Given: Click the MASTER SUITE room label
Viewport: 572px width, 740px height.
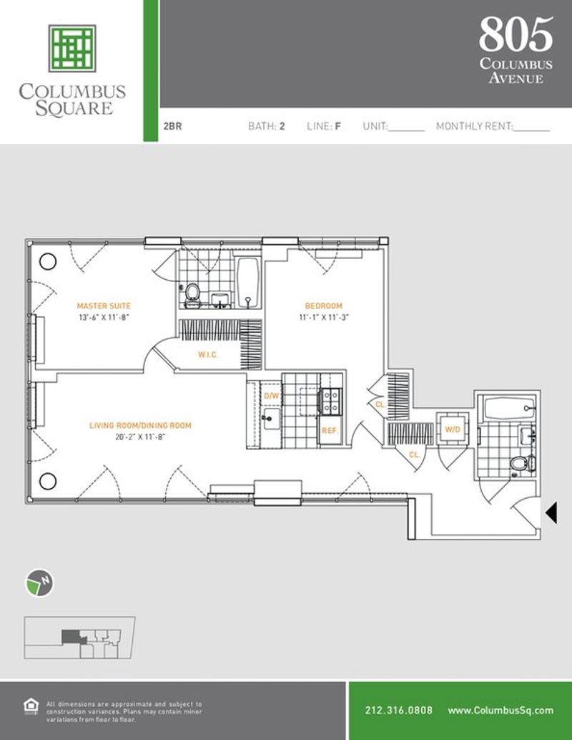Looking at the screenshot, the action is coord(104,306).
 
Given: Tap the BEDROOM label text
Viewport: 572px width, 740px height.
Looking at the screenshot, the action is coord(323,306).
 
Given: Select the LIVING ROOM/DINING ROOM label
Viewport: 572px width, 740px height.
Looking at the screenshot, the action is coord(141,426).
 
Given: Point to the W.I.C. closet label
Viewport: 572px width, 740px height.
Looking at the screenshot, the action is coord(208,354).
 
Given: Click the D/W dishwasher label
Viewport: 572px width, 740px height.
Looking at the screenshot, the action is coord(272,396).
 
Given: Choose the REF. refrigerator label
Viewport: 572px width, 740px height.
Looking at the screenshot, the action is coord(330,431).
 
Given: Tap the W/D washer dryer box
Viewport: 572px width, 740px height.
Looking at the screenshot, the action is coord(453,429).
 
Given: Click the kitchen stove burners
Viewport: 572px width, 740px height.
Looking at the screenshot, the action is coord(330,401).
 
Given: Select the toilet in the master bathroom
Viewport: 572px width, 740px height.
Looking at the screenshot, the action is coord(192,293).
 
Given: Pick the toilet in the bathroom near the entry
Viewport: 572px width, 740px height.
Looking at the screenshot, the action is coord(521,464).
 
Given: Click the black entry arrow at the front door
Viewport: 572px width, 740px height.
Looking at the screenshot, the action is coord(551,512).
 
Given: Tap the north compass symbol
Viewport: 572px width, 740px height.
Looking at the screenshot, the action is coord(39,583).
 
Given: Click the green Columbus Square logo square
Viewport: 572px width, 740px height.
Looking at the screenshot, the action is coord(72,49).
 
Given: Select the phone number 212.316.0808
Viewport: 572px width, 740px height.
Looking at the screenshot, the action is coord(398,710).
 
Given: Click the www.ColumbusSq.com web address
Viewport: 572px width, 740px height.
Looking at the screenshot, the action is coord(500,710).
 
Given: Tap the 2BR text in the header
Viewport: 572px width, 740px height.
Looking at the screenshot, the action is coord(172,126).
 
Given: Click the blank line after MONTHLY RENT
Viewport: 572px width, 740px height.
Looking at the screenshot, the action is coord(531,130).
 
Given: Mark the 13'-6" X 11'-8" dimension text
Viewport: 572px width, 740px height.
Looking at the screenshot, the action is coord(104,318).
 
